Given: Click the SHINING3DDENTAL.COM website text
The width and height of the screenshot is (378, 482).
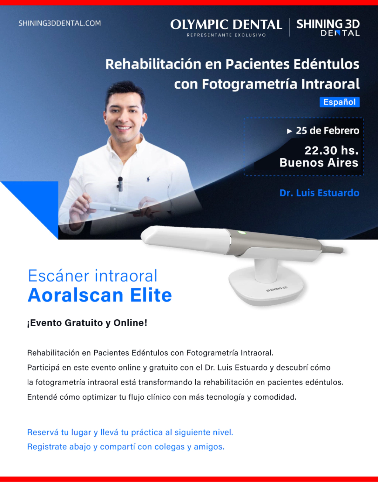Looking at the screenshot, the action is [x=59, y=23].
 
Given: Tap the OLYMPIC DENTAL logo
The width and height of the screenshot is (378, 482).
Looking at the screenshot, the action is [x=226, y=24].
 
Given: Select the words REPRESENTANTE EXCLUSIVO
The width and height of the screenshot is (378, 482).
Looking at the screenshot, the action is [x=226, y=35].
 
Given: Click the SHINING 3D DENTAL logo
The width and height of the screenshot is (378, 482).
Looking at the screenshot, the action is [x=328, y=28].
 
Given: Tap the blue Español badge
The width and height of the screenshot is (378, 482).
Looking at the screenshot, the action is [x=339, y=102].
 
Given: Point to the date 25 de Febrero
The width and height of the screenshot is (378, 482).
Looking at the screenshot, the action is [x=327, y=131].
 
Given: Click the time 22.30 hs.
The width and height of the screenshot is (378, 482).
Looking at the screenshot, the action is [x=331, y=150].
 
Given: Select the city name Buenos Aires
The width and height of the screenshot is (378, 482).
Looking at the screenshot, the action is [x=319, y=163].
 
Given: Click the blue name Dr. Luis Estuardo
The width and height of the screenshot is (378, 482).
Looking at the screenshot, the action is [x=319, y=193].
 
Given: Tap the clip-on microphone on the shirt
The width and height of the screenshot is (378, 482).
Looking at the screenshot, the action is [x=120, y=183].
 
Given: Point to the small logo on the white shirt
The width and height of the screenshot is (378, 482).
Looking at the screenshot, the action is [x=148, y=179].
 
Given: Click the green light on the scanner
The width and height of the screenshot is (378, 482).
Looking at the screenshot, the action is [x=241, y=233].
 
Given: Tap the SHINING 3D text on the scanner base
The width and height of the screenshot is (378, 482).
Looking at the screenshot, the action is [x=276, y=289].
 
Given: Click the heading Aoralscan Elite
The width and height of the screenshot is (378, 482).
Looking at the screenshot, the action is [x=100, y=295].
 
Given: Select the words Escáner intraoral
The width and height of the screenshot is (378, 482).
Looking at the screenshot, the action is [x=93, y=276].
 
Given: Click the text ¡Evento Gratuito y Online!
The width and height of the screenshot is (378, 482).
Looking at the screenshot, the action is [x=87, y=323].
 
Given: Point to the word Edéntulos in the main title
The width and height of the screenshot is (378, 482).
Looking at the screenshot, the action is [x=326, y=64].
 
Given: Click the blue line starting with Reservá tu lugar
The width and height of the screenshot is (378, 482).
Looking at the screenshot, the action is [x=130, y=432].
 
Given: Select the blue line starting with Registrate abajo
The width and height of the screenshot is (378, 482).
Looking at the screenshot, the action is [x=126, y=447].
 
